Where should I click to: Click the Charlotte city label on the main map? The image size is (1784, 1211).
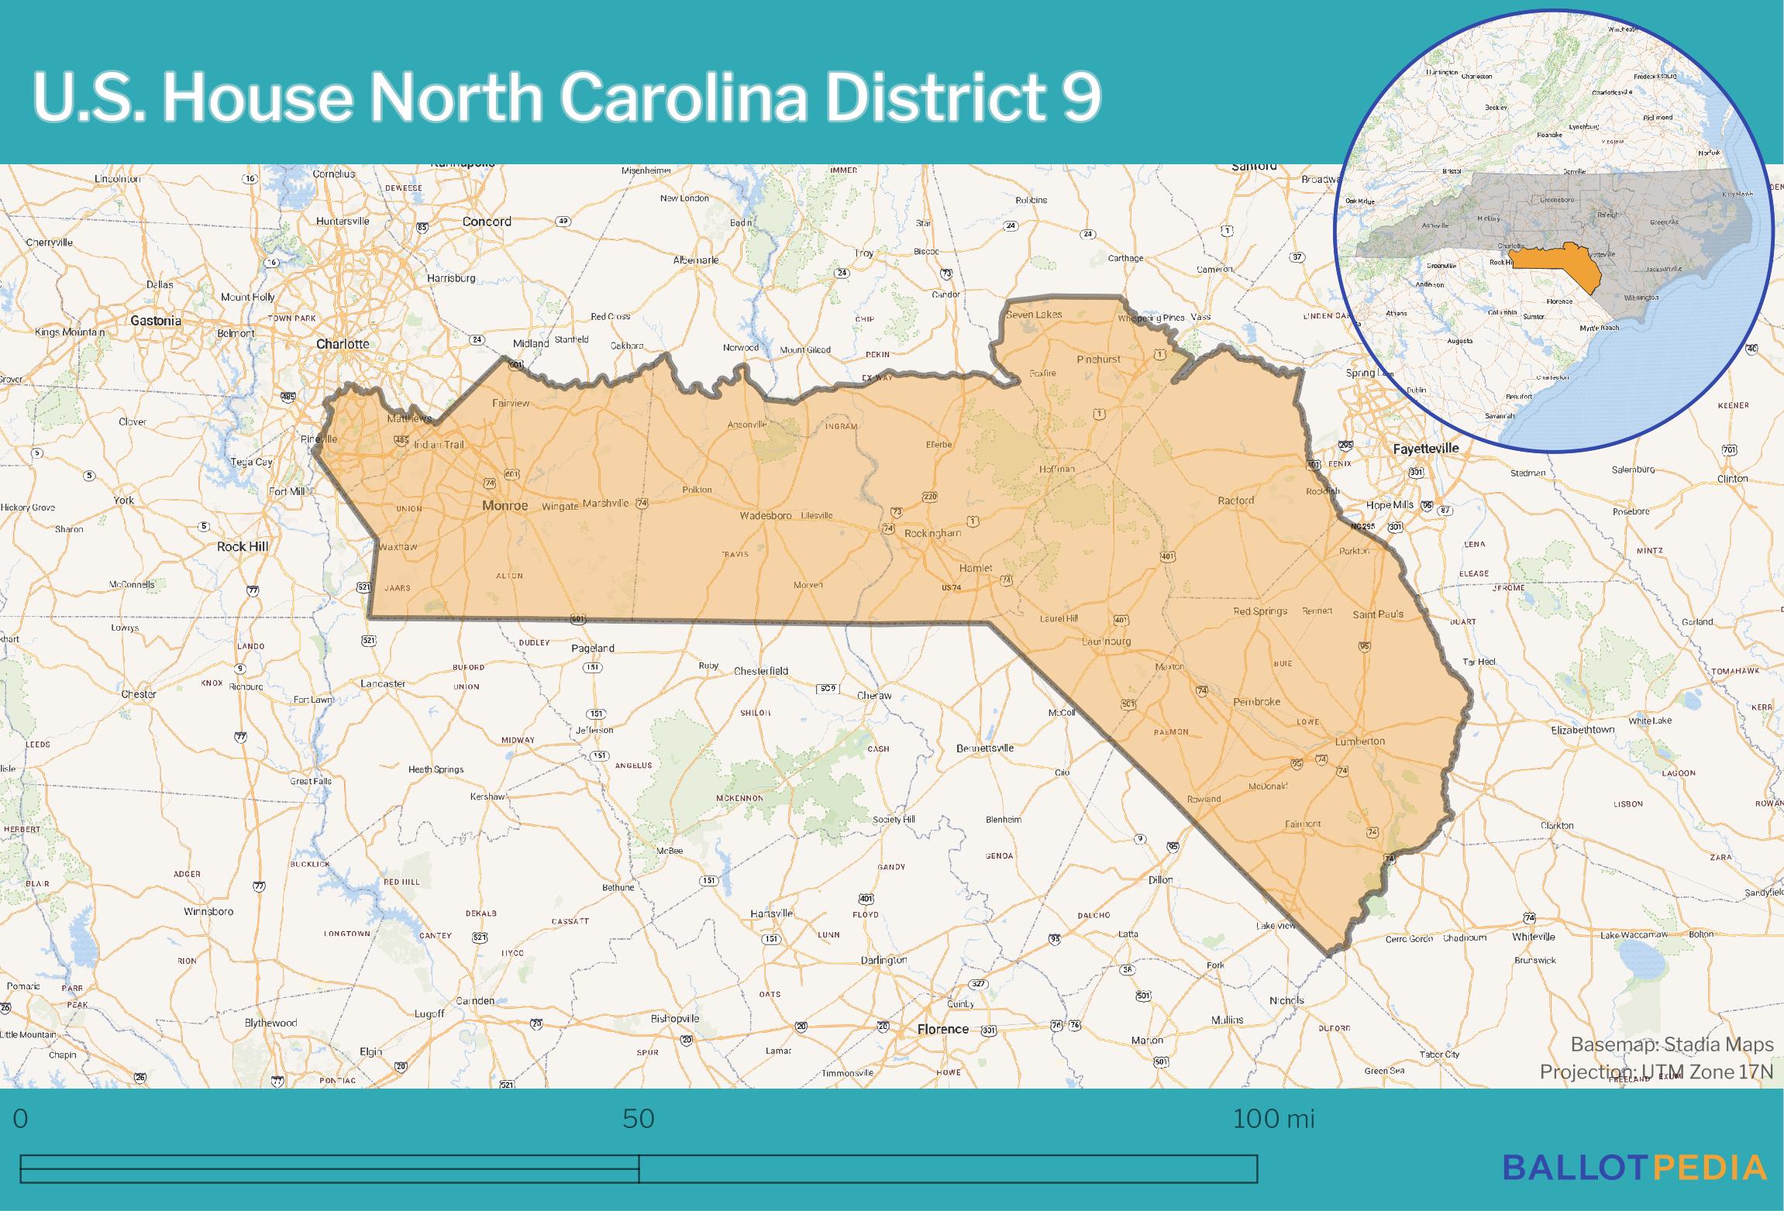pyautogui.click(x=343, y=344)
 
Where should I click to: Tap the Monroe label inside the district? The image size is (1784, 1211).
pyautogui.click(x=505, y=506)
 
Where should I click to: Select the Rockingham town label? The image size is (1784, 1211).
pyautogui.click(x=933, y=533)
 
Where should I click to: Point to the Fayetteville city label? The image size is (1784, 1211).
pyautogui.click(x=1425, y=448)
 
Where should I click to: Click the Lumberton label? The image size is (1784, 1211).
pyautogui.click(x=1359, y=741)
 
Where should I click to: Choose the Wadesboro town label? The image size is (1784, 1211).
pyautogui.click(x=765, y=515)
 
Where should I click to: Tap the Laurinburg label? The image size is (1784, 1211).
pyautogui.click(x=1106, y=642)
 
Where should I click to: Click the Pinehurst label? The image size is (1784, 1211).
pyautogui.click(x=1098, y=360)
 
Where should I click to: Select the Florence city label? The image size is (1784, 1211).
pyautogui.click(x=942, y=1029)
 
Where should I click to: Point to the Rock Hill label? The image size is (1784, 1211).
pyautogui.click(x=243, y=546)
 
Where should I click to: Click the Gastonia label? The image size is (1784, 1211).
pyautogui.click(x=156, y=321)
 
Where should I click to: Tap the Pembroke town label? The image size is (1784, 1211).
pyautogui.click(x=1256, y=702)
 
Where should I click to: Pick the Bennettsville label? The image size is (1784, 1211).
pyautogui.click(x=984, y=748)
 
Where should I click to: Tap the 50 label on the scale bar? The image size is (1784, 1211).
pyautogui.click(x=639, y=1119)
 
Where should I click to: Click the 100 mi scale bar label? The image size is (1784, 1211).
pyautogui.click(x=1273, y=1119)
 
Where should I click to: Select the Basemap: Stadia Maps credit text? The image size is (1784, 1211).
pyautogui.click(x=1672, y=1045)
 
